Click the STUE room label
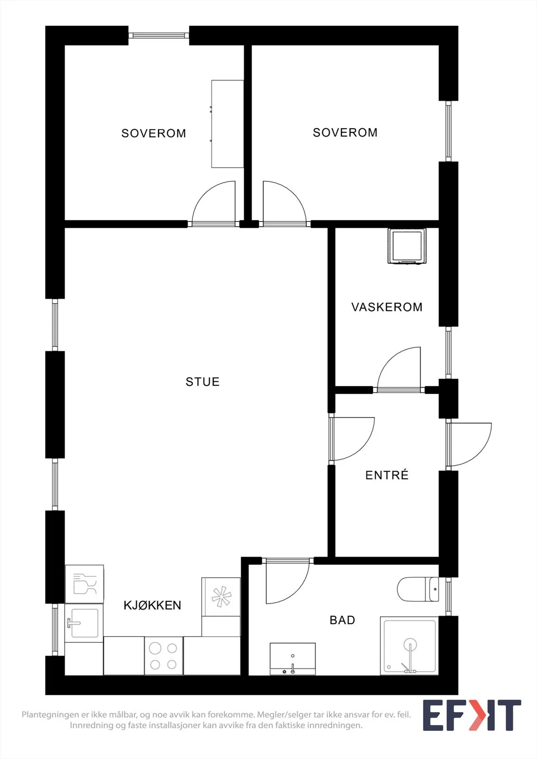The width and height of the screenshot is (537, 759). coord(203,382)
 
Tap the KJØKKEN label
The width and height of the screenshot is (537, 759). coord(152,605)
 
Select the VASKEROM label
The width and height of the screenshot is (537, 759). coord(386,307)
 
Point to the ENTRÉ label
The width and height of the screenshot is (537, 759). coord(386,474)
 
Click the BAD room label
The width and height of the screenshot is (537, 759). coord(342,620)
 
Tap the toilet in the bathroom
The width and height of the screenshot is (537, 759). coord(418,589)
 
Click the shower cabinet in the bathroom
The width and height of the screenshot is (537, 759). coord(409,646)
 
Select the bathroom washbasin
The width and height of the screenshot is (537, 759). coord(292,658)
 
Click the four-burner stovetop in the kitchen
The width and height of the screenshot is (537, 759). coord(164,655)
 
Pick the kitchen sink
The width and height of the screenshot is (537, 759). coord(84,623)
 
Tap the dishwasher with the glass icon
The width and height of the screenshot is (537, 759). coord(85,583)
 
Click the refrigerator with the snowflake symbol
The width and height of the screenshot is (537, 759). coord(221,597)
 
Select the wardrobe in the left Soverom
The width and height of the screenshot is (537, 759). coord(227,124)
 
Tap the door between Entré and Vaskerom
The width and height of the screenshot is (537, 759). coord(399,370)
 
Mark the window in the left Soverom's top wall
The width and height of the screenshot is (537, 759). coord(159,35)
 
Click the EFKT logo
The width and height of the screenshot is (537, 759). coord(472,715)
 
